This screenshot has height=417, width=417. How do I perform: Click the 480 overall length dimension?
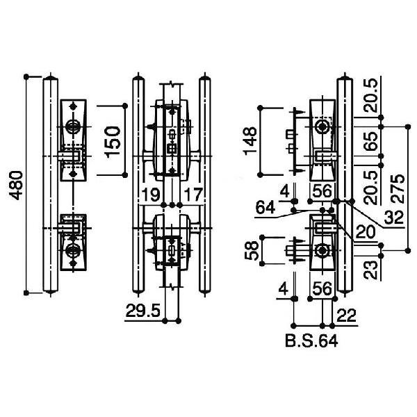[x=16, y=186]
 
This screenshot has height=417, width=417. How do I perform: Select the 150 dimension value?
[x=113, y=142]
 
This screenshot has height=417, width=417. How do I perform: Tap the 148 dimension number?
[x=250, y=141]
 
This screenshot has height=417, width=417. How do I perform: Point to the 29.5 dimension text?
[x=143, y=311]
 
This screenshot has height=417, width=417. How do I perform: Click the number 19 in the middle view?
[x=151, y=195]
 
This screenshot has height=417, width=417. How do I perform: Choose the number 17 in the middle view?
[x=193, y=195]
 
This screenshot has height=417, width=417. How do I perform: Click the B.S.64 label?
[x=311, y=341]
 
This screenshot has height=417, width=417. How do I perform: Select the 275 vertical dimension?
[x=398, y=189]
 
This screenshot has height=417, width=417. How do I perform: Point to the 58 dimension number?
[x=251, y=250]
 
